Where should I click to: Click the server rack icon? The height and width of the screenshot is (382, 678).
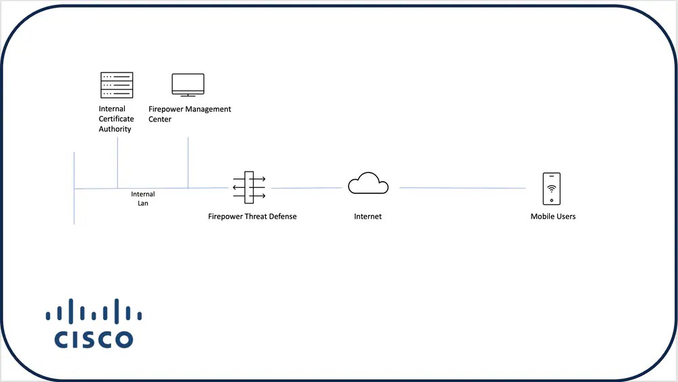tap(117, 85)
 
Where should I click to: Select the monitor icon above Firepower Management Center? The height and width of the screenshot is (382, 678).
tap(188, 85)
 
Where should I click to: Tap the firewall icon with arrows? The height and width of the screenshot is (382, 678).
tap(249, 187)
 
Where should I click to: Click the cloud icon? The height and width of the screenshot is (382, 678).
tap(368, 184)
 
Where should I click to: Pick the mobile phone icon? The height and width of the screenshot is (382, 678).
tap(551, 189)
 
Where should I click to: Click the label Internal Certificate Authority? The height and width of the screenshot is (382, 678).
tap(116, 119)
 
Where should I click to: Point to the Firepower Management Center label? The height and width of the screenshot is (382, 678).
tap(189, 114)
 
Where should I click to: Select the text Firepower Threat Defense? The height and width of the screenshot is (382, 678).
tap(252, 216)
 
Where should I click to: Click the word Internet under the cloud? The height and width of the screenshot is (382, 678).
tap(367, 216)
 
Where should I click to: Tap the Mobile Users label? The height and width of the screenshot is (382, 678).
tap(553, 216)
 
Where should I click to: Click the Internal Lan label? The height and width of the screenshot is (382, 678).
tap(143, 199)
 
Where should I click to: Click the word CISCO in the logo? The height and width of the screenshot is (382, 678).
tap(94, 339)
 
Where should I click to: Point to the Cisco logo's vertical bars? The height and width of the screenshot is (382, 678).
tap(94, 310)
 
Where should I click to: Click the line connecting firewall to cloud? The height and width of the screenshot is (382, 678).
tap(305, 188)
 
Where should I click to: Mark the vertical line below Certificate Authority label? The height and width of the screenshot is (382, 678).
tap(117, 163)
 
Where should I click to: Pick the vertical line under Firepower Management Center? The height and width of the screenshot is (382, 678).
tap(188, 163)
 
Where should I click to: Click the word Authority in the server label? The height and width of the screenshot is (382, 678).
tap(115, 129)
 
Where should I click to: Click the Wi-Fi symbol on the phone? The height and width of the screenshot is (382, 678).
tap(551, 188)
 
